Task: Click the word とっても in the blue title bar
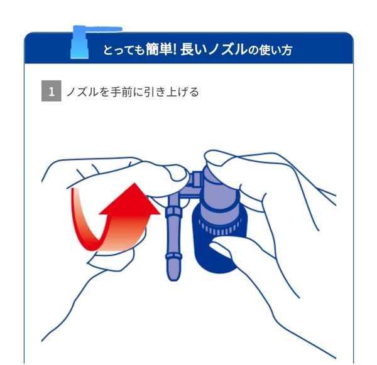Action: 123,50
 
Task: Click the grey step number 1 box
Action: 51,92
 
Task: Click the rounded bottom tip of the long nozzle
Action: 172,273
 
